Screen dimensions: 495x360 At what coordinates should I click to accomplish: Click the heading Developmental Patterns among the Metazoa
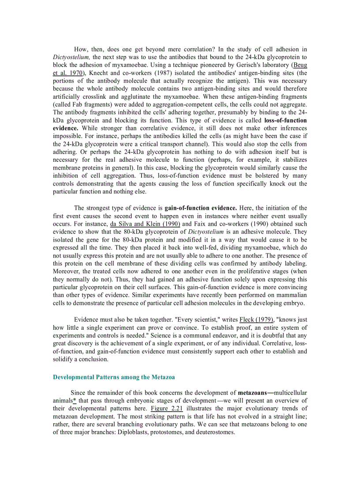(x=113, y=377)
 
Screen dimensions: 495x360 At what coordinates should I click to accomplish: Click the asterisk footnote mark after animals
(x=75, y=400)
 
